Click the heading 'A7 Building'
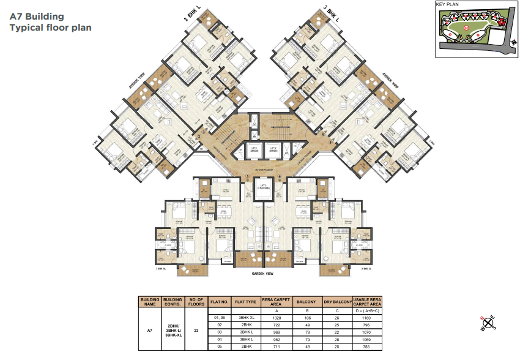(36, 17)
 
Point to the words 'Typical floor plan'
(50, 28)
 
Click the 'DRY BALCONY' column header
(336, 301)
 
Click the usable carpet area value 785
(366, 347)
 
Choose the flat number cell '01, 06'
(220, 318)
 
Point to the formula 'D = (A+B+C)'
(366, 310)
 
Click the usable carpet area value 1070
(366, 332)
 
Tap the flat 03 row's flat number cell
(220, 332)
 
